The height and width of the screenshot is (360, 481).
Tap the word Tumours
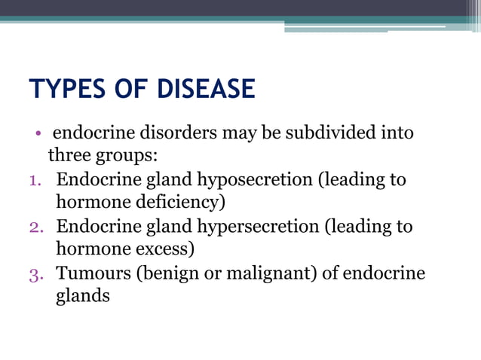(93, 273)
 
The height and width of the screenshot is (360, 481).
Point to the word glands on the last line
(83, 296)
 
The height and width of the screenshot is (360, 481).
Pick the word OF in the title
(130, 90)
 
